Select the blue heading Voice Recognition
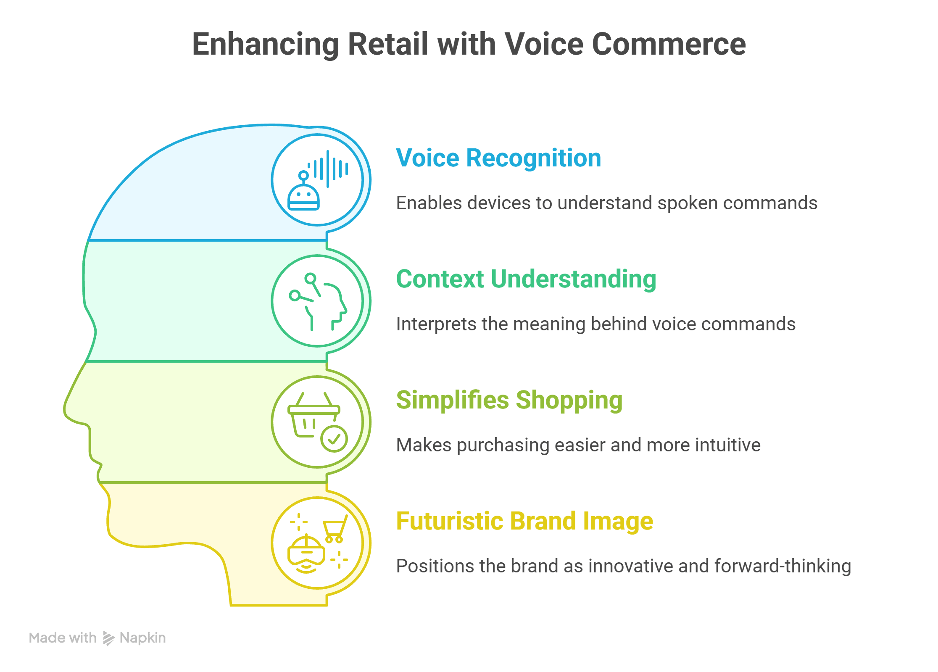coord(498,158)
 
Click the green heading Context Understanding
coord(526,279)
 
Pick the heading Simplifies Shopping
coord(509,400)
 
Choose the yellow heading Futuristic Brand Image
coord(524,521)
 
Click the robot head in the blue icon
coord(303,198)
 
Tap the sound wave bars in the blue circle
coord(328,169)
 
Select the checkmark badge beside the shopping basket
coord(334,439)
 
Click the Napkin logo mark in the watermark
coord(108,638)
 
